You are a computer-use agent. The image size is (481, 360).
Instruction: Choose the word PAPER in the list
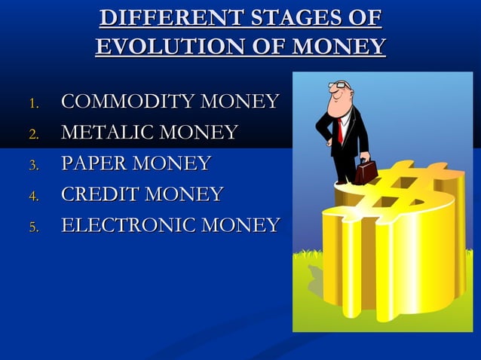point(93,163)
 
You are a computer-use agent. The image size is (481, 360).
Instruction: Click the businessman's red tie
point(341,130)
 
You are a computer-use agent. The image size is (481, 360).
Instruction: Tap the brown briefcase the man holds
point(367,171)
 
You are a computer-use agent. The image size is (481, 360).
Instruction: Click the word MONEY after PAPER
point(178,163)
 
